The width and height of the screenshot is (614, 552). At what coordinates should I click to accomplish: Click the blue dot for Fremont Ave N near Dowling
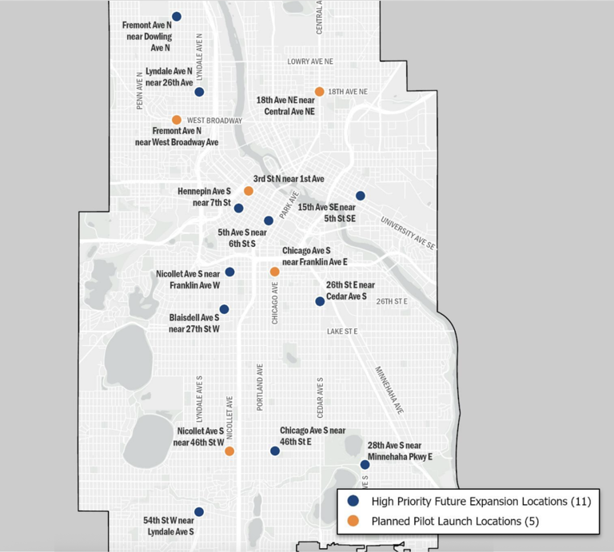tap(177, 16)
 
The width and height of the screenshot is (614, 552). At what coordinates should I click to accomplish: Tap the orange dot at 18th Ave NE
tap(319, 91)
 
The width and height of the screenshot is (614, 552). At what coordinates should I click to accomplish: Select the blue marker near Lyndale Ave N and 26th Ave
tap(199, 92)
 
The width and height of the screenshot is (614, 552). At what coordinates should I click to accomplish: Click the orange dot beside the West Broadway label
tap(177, 120)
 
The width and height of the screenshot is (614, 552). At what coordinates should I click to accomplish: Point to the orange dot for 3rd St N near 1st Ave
tap(249, 191)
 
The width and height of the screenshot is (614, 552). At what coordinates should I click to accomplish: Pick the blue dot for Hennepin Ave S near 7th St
tap(238, 208)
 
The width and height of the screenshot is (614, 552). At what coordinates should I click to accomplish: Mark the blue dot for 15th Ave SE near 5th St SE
tap(361, 196)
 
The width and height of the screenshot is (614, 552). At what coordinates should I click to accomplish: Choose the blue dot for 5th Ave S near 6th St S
tap(269, 220)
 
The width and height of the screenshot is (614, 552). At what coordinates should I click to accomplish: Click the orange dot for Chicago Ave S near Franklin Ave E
tap(274, 272)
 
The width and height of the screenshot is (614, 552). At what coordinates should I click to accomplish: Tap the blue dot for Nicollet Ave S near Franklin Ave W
tap(229, 272)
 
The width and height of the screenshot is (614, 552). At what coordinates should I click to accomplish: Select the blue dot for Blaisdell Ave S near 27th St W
tap(224, 309)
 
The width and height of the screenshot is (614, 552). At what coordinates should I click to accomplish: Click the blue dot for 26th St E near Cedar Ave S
tap(320, 301)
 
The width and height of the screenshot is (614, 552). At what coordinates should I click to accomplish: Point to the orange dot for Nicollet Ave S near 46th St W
tap(229, 451)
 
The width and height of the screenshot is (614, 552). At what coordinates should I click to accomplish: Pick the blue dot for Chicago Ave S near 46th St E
tap(275, 451)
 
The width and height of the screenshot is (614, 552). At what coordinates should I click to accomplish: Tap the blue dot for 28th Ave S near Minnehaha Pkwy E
tap(365, 464)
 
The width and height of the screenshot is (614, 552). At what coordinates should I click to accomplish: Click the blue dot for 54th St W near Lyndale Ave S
tap(199, 512)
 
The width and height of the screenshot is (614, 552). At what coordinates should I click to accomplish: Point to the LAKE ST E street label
tap(341, 331)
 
